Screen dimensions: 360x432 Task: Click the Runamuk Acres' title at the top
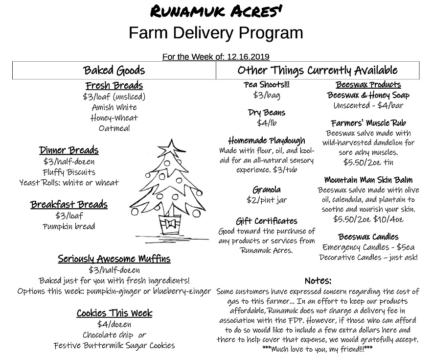coord(216,11)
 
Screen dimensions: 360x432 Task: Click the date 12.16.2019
coord(248,57)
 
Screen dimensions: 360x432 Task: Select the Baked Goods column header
coord(114,70)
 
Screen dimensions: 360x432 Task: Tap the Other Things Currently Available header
coord(317,70)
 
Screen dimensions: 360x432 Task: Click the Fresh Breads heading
coord(114,86)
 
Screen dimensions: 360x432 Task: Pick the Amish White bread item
coord(114,107)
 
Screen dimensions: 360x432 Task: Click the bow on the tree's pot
coord(171,224)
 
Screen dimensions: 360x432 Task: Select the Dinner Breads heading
coord(69,150)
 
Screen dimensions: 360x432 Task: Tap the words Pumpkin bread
coord(69,226)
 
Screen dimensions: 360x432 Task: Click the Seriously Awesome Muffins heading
coord(114,259)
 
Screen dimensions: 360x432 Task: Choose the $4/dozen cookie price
coord(114,324)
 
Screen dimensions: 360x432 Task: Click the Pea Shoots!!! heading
coord(267,85)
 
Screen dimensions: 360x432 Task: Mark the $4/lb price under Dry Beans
coord(267,122)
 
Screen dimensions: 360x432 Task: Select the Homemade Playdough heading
coord(267,141)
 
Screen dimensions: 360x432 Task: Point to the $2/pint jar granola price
coord(267,200)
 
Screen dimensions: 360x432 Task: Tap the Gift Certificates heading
coord(267,221)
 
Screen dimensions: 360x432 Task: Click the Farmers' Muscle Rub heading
coord(368,123)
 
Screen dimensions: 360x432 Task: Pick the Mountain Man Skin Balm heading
coord(368,180)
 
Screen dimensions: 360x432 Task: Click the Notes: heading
coord(318,281)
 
